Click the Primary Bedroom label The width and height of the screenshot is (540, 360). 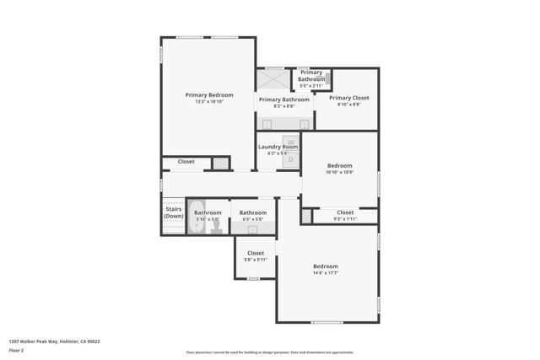click(x=208, y=95)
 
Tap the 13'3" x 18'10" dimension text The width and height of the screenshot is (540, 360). click(x=208, y=102)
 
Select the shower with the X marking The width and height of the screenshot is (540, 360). click(x=273, y=78)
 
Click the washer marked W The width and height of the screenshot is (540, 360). click(x=290, y=143)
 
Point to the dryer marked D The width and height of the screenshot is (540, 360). click(x=290, y=159)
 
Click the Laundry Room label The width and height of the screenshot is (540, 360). click(x=278, y=147)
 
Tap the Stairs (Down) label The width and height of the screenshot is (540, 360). click(x=173, y=212)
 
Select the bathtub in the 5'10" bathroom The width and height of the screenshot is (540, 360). click(x=196, y=216)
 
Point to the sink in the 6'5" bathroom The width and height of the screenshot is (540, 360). click(x=252, y=228)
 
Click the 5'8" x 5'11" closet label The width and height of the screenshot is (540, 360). click(x=255, y=260)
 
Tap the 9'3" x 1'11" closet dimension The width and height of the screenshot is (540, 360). click(x=345, y=219)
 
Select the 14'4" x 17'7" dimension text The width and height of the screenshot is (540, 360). click(x=325, y=273)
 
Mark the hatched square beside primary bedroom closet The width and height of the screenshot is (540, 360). click(x=219, y=163)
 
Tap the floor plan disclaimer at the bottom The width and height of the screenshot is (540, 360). click(x=269, y=352)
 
